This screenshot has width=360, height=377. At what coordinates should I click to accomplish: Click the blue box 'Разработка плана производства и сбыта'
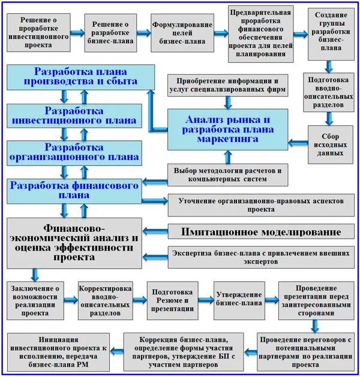[x=74, y=76]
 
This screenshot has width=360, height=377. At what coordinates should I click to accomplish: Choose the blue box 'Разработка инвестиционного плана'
[x=74, y=115]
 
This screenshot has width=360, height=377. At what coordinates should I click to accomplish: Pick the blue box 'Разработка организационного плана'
[x=74, y=152]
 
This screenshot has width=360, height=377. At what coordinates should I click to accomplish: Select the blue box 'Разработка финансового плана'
[x=74, y=189]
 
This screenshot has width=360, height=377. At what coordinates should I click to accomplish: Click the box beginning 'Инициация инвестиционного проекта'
[x=59, y=352]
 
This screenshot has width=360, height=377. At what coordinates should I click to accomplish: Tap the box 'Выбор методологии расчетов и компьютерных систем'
[x=227, y=174]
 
